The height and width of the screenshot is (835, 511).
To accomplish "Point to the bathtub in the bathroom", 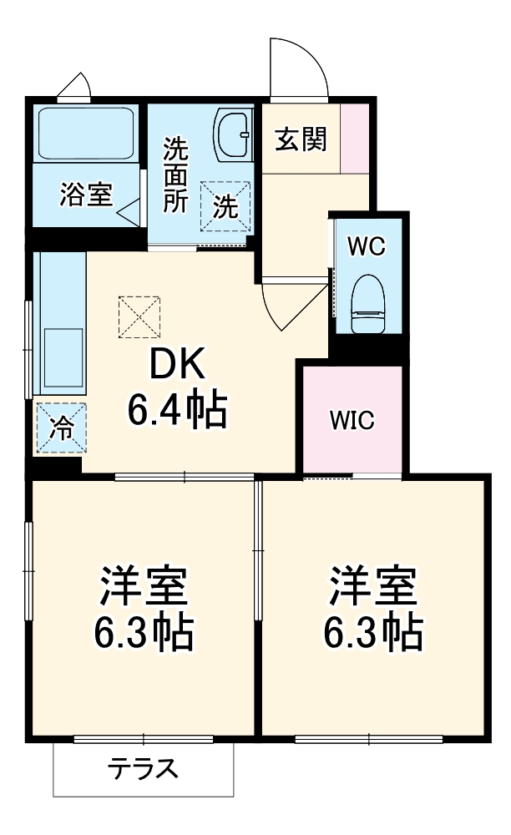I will pyautogui.click(x=86, y=133).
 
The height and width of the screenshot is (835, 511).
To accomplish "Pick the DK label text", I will pyautogui.click(x=176, y=364).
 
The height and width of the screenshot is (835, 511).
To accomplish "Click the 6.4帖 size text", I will pyautogui.click(x=176, y=409).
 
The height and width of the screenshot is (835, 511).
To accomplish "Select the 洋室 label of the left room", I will pyautogui.click(x=144, y=588).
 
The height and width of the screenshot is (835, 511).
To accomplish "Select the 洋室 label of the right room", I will pyautogui.click(x=372, y=588).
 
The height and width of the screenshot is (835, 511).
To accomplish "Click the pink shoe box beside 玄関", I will pyautogui.click(x=355, y=137).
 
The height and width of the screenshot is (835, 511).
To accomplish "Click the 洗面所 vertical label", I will pyautogui.click(x=175, y=175).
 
